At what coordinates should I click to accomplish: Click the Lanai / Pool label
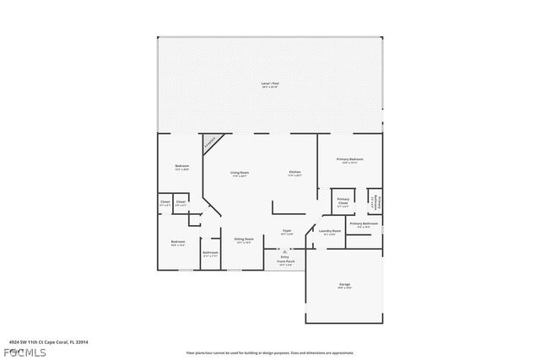click(270, 84)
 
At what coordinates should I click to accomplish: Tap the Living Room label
click(240, 174)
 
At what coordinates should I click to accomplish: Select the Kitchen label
click(295, 174)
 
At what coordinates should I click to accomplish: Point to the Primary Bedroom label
click(350, 160)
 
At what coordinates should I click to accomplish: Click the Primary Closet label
click(343, 201)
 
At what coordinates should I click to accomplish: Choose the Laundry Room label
click(330, 232)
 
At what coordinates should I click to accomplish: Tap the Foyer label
click(287, 232)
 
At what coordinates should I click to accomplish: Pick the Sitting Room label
click(245, 240)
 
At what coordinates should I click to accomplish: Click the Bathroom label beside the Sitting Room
click(211, 253)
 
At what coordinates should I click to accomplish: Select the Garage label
click(344, 287)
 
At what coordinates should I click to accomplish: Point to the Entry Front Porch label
click(285, 259)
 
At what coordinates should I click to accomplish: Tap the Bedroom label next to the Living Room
click(181, 167)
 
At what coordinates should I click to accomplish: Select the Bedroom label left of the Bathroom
click(178, 243)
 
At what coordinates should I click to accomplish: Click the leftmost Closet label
click(165, 203)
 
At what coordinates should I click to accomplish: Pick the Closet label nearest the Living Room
click(181, 203)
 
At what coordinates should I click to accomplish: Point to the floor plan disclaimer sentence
click(270, 352)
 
